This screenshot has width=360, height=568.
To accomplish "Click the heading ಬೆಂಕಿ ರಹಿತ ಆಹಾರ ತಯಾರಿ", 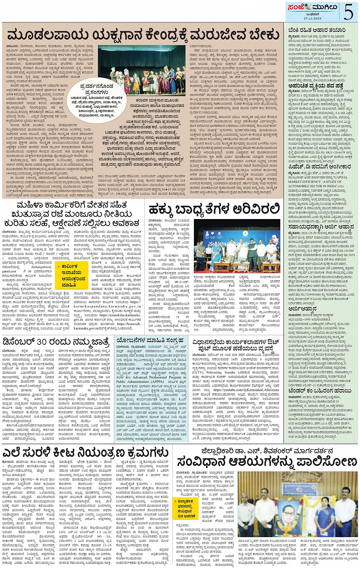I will tap(317, 30).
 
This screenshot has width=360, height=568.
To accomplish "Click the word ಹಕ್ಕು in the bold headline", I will tap(160, 209).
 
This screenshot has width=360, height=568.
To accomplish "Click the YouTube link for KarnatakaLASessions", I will tap(246, 390).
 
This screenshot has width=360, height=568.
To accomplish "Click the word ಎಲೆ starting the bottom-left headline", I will tap(14, 453).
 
